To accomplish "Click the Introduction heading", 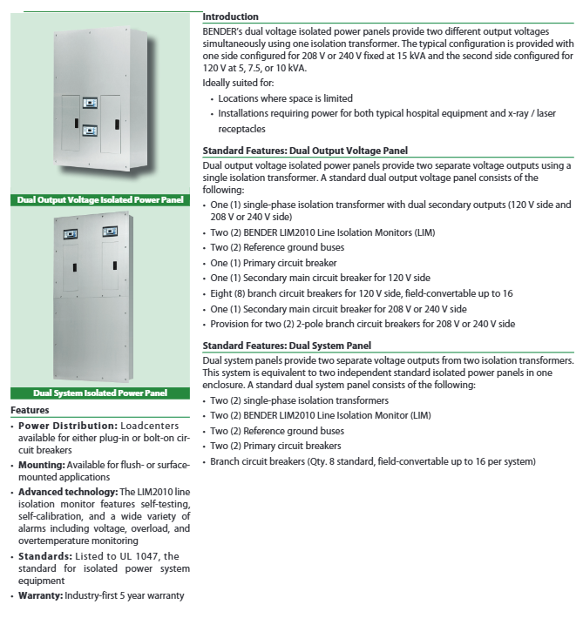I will pyautogui.click(x=230, y=17).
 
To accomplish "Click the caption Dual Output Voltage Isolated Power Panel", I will pyautogui.click(x=100, y=200).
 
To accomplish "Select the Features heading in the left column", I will pyautogui.click(x=30, y=410).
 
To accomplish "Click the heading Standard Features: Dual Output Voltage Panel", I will pyautogui.click(x=305, y=150).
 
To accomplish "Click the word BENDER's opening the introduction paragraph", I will pyautogui.click(x=223, y=30).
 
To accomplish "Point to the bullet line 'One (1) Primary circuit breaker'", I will pyautogui.click(x=274, y=262).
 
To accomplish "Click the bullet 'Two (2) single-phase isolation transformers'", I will pyautogui.click(x=300, y=400).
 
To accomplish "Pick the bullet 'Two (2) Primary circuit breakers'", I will pyautogui.click(x=276, y=446).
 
